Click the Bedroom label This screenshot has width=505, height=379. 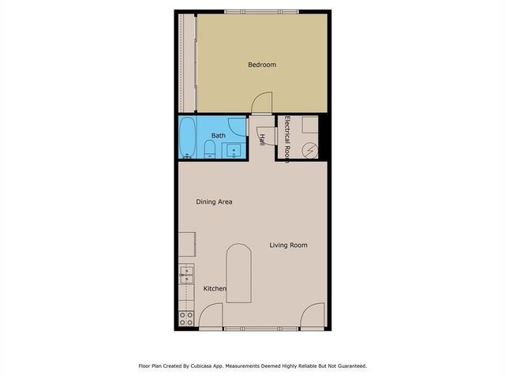(x=262, y=65)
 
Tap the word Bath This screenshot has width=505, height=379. (x=218, y=136)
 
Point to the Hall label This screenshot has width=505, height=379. (x=262, y=139)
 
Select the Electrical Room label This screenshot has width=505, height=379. (x=288, y=139)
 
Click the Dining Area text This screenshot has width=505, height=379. (x=214, y=202)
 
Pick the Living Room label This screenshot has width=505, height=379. (x=288, y=246)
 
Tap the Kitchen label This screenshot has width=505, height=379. (x=215, y=289)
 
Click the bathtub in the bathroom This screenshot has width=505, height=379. (x=188, y=138)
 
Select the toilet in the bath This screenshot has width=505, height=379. (x=208, y=149)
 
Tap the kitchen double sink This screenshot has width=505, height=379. (x=187, y=276)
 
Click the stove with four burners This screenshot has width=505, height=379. (x=187, y=319)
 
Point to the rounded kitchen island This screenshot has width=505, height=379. (x=238, y=273)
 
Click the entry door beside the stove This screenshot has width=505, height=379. (x=209, y=317)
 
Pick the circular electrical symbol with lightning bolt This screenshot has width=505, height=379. (x=312, y=149)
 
